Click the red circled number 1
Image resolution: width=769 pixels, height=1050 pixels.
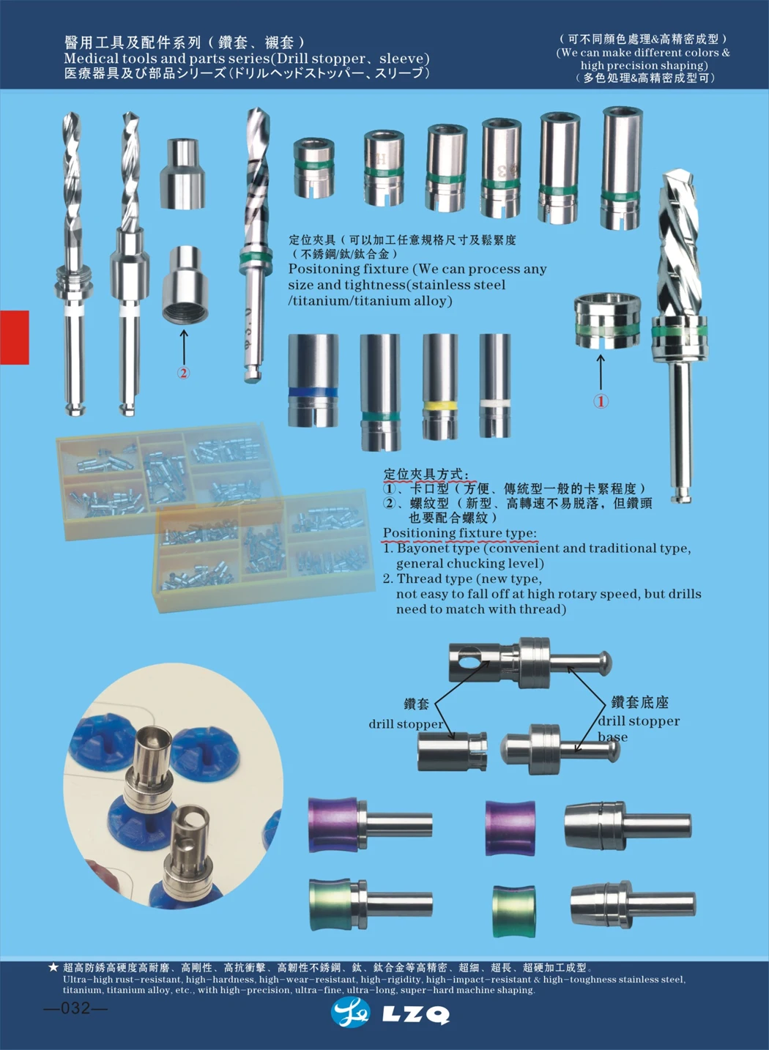click(601, 401)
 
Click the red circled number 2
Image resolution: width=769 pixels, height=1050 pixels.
click(183, 373)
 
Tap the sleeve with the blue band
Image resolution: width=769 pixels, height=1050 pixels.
click(313, 381)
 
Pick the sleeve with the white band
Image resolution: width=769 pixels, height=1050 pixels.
click(495, 386)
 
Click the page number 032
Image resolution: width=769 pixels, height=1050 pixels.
click(75, 1008)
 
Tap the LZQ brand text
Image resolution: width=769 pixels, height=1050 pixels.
click(415, 1014)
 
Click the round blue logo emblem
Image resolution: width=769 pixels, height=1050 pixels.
click(350, 1013)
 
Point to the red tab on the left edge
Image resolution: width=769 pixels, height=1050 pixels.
click(14, 338)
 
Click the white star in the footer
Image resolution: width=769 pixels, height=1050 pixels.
click(53, 967)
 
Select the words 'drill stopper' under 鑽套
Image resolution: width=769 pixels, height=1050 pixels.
click(406, 724)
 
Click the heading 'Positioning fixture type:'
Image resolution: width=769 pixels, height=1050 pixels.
click(459, 533)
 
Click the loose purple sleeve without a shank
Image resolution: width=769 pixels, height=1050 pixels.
click(510, 828)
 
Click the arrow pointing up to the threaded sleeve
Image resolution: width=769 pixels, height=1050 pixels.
click(183, 345)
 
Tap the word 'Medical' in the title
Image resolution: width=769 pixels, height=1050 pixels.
click(91, 59)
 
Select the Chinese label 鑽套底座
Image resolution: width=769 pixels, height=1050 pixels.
click(639, 703)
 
